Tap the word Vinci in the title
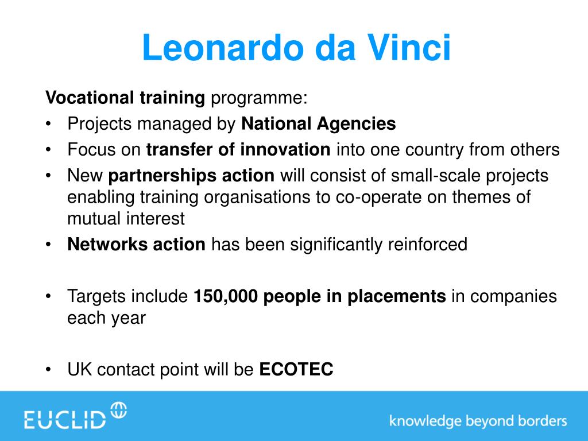(x=408, y=48)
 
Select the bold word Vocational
(x=90, y=98)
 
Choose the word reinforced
(x=427, y=244)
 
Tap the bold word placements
(x=396, y=297)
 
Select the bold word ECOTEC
(x=296, y=369)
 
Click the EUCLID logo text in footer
(x=65, y=420)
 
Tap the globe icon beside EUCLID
(x=119, y=410)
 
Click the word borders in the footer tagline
(x=542, y=420)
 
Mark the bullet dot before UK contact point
(x=48, y=370)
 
